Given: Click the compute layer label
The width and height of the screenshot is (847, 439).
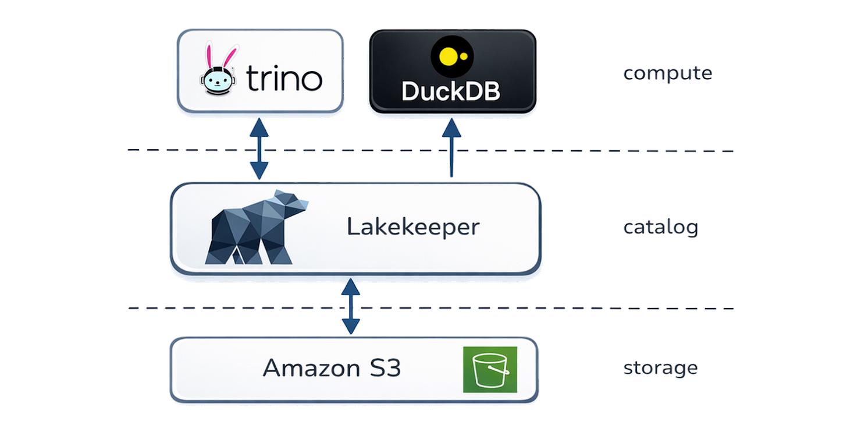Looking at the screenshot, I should [x=667, y=74].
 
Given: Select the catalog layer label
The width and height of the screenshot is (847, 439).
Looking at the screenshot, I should [x=661, y=227].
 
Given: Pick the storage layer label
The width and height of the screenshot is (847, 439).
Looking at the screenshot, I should [x=661, y=368].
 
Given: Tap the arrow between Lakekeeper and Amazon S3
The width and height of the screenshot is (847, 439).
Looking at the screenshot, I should [x=350, y=306].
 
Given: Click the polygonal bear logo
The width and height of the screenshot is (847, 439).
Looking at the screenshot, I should [x=256, y=227].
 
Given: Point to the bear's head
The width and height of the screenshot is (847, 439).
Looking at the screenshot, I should [x=294, y=204].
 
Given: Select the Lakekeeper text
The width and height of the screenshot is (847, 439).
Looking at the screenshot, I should [x=413, y=227].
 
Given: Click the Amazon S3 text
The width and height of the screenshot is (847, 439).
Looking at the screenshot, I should [x=332, y=368].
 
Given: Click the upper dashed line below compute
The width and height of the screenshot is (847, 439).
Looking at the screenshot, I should [x=582, y=150].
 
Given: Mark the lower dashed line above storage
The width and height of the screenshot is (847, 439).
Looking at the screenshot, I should [x=582, y=307].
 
